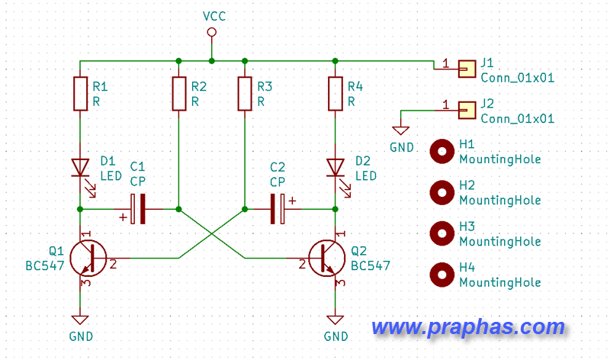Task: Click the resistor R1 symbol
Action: (80, 92)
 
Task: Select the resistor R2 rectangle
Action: (178, 92)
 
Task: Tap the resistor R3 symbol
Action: (244, 92)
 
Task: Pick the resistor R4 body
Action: (335, 92)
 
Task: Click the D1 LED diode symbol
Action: (80, 167)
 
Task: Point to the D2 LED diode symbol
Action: (335, 167)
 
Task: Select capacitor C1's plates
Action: (138, 208)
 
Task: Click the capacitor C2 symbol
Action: (278, 208)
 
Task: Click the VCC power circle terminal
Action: (212, 32)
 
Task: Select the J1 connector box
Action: (465, 69)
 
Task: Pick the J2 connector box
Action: (465, 111)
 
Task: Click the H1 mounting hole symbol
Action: (441, 151)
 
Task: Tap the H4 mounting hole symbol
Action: (441, 274)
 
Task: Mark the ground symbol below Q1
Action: (80, 319)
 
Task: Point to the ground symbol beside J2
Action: (402, 130)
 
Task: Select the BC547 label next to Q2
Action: (371, 265)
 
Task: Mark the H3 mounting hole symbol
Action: (441, 233)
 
